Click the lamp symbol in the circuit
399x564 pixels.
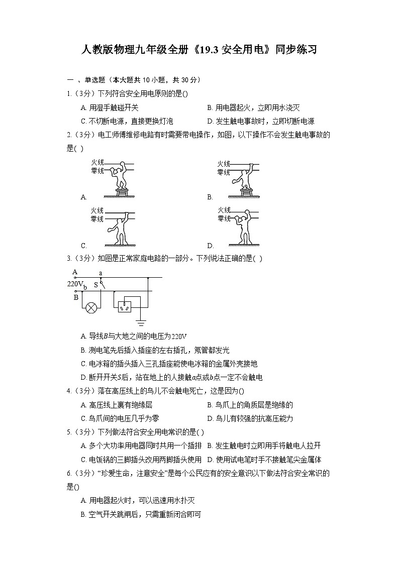(91, 307)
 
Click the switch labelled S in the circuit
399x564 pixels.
(102, 284)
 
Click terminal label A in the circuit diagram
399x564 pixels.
(75, 272)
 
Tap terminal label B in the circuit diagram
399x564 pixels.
(76, 297)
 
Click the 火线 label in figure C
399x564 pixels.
(97, 210)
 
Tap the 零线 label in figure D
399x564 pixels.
(224, 219)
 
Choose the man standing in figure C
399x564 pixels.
(120, 229)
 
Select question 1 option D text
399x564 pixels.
(261, 121)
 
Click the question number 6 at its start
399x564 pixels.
(68, 473)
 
